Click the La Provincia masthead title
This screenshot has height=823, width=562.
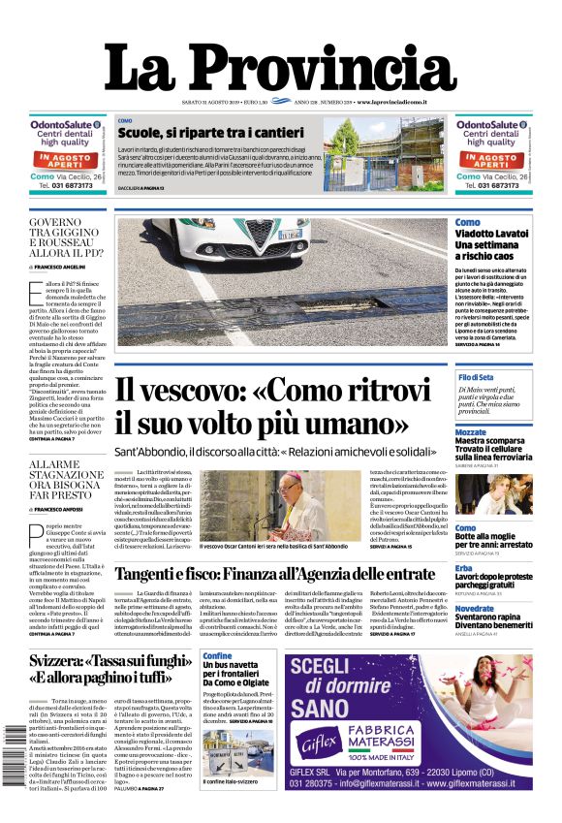[280, 69]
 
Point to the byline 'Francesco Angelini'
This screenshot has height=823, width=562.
[63, 265]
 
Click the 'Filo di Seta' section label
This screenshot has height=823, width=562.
[503, 376]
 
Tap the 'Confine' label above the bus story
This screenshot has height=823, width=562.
[218, 656]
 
